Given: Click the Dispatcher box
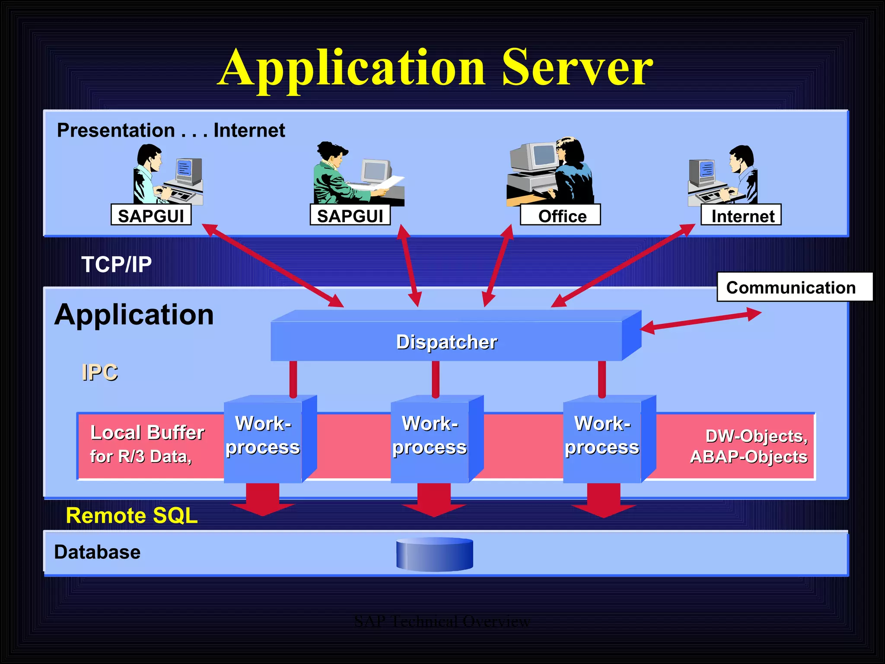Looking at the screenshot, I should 446,342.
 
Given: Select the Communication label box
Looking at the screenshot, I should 794,287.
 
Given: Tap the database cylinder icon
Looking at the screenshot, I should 434,554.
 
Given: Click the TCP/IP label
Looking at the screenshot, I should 117,265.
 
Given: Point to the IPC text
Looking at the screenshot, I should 100,372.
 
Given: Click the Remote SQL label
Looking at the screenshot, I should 132,515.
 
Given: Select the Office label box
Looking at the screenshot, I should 560,215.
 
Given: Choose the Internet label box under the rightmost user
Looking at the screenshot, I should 741,215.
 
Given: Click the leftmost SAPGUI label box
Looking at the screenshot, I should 151,215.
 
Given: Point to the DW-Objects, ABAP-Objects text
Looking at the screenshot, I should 749,446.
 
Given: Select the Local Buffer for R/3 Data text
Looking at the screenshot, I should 146,444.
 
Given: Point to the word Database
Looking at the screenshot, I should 97,552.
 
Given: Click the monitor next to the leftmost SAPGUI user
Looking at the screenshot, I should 188,170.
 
